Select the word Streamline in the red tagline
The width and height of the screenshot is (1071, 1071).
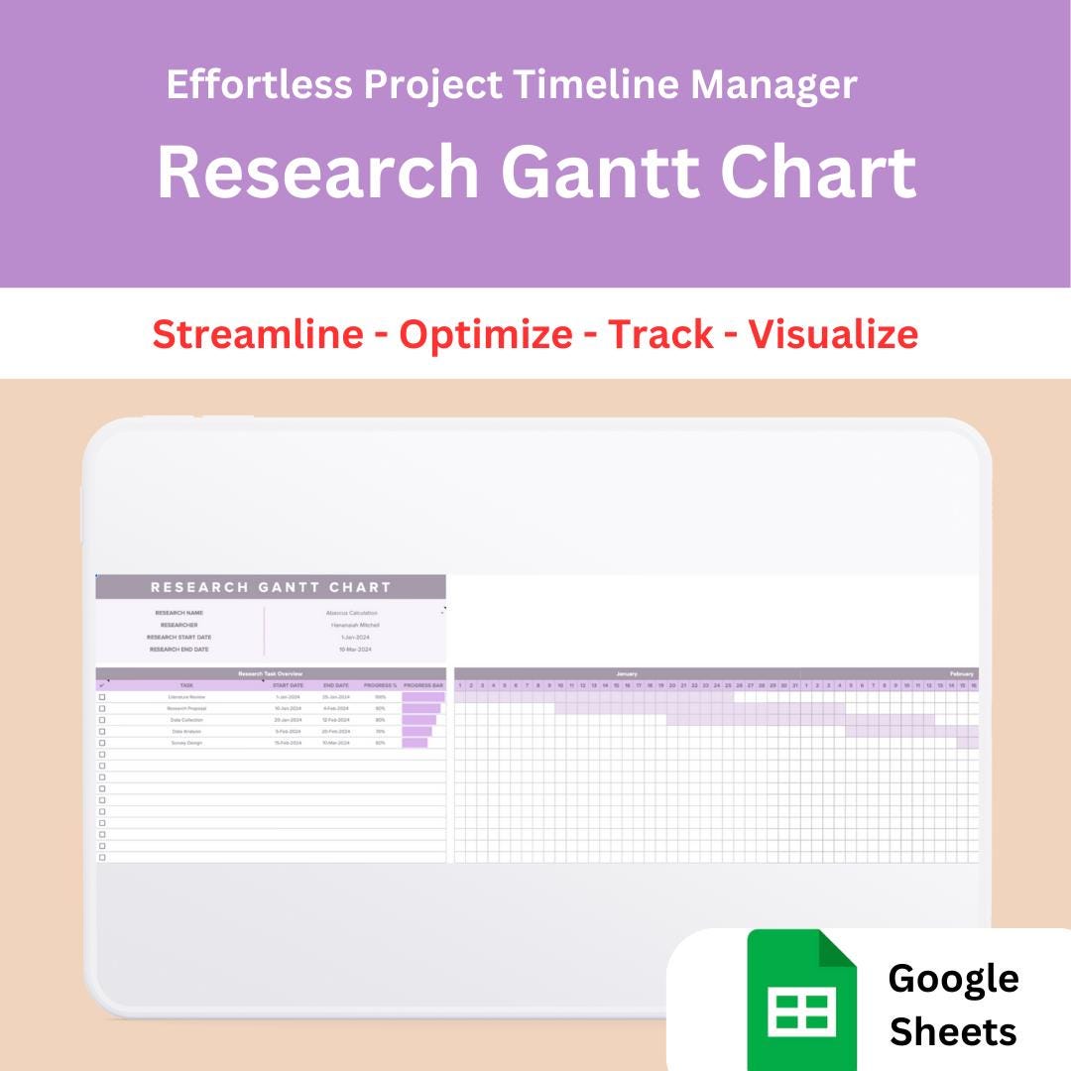[x=258, y=334]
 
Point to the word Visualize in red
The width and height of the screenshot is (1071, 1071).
[x=833, y=334]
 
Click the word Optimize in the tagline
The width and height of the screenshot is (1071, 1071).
[x=486, y=334]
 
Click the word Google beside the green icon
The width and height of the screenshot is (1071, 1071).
[x=953, y=978]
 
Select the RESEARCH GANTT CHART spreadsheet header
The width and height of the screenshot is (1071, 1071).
[x=271, y=587]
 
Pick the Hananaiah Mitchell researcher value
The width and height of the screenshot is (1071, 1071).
[x=355, y=625]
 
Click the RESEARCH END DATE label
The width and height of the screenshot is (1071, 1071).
[x=179, y=650]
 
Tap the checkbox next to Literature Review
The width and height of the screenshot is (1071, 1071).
[x=102, y=697]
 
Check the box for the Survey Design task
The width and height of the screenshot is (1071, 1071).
[x=102, y=743]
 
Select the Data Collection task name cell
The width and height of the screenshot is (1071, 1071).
[x=186, y=720]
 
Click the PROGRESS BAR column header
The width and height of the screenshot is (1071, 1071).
[x=423, y=685]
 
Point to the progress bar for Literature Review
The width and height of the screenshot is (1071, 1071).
[x=423, y=697]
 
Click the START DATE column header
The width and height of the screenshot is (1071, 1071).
[x=288, y=685]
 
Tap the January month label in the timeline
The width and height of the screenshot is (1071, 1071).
[x=627, y=673]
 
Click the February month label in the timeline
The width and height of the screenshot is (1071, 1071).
[x=962, y=673]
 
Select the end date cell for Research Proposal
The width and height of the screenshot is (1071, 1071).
[x=335, y=708]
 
